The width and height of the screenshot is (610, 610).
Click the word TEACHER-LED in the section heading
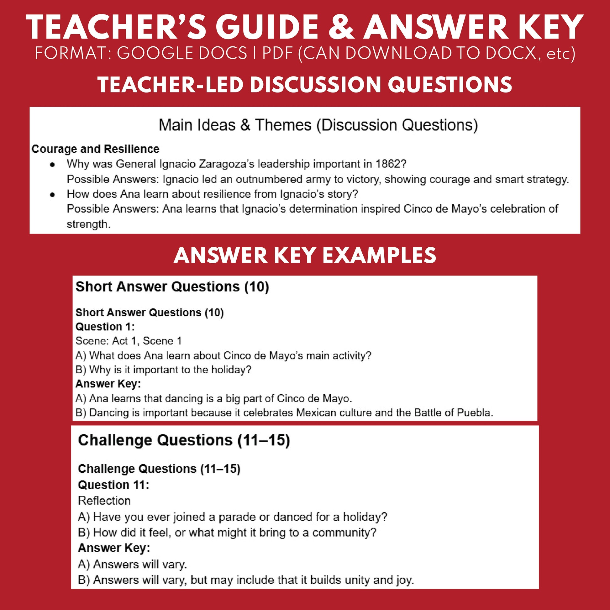[171, 85]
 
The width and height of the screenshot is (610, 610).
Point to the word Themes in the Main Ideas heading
[283, 125]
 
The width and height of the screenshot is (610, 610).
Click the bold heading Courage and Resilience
[95, 149]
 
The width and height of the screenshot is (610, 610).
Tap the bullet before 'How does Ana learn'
[52, 194]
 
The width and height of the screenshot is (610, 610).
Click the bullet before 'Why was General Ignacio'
[52, 165]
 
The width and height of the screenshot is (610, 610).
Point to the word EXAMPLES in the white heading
[379, 255]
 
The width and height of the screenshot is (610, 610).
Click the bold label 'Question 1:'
[105, 326]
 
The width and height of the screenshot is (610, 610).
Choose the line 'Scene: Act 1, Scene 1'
[129, 341]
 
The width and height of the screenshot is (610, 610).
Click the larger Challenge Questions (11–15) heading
[184, 440]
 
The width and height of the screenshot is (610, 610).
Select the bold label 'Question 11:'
[113, 485]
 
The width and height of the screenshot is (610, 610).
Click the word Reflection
[104, 501]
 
